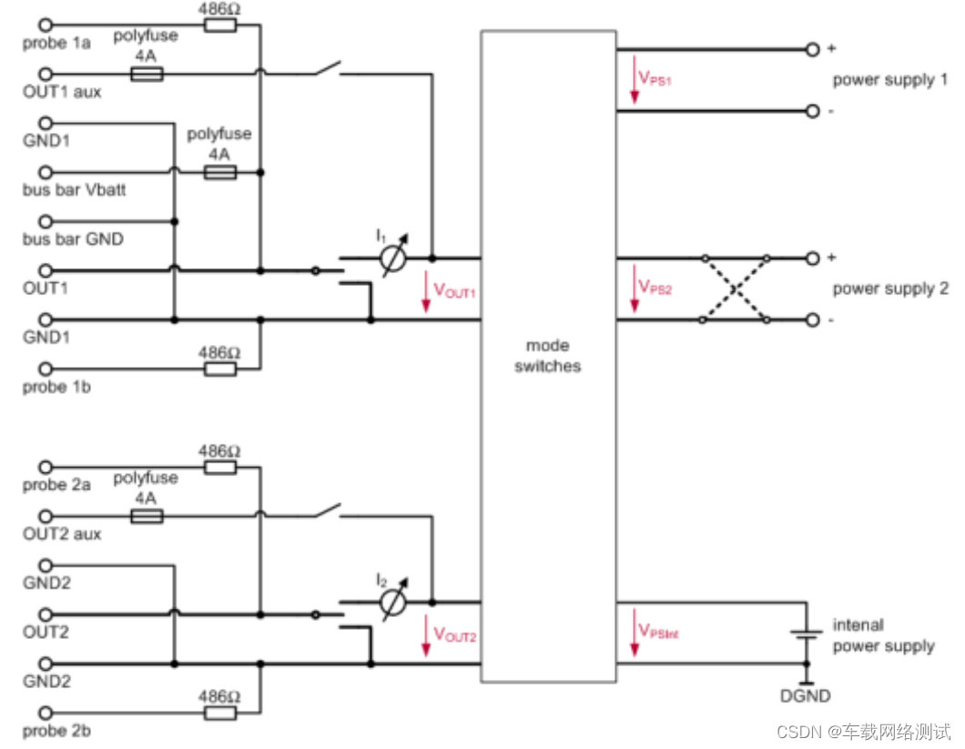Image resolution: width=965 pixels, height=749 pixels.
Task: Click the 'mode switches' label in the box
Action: pyautogui.click(x=547, y=356)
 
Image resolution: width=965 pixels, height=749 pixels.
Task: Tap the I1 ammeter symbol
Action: pyautogui.click(x=392, y=259)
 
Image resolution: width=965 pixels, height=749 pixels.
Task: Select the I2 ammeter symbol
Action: pyautogui.click(x=392, y=602)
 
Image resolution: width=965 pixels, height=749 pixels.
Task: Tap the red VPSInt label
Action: pyautogui.click(x=658, y=631)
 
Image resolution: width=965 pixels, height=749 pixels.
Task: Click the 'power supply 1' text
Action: pyautogui.click(x=889, y=80)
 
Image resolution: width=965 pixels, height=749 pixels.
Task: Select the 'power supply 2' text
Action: pyautogui.click(x=889, y=288)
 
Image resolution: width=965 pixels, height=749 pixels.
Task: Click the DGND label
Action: pyautogui.click(x=807, y=696)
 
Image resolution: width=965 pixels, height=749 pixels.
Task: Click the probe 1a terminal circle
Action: pyautogui.click(x=46, y=25)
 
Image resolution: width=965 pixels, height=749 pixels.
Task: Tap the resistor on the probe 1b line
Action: pyautogui.click(x=219, y=369)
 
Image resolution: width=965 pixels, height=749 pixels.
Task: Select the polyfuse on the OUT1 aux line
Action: pyautogui.click(x=147, y=74)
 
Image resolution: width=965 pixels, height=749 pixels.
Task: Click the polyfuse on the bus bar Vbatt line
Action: pyautogui.click(x=219, y=172)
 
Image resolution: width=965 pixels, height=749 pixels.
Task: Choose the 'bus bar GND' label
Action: pyautogui.click(x=73, y=239)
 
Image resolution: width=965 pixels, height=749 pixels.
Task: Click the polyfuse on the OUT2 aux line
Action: pyautogui.click(x=147, y=516)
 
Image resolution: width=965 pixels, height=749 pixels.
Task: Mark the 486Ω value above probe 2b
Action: pyautogui.click(x=219, y=697)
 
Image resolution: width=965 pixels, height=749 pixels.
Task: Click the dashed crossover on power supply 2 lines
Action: pyautogui.click(x=734, y=289)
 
